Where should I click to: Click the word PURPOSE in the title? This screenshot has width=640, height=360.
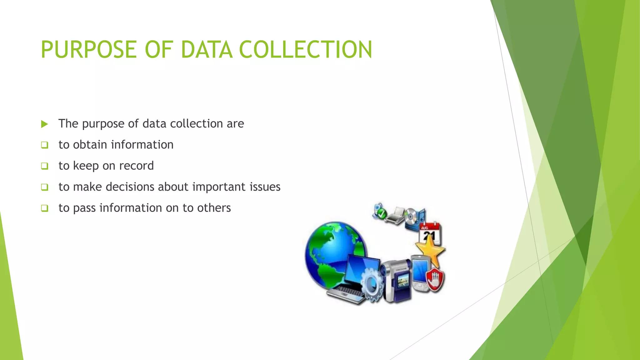click(x=89, y=50)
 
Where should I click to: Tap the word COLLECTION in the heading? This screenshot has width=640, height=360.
click(x=305, y=50)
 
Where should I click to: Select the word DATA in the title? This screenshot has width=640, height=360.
click(x=207, y=50)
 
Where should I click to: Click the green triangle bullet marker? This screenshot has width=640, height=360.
click(x=44, y=124)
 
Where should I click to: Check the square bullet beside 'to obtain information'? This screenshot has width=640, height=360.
click(x=44, y=145)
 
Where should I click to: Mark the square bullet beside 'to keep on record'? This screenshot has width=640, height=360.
click(x=44, y=166)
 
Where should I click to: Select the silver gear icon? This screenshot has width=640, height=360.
click(x=372, y=284)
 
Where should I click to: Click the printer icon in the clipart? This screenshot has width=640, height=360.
click(x=395, y=215)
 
